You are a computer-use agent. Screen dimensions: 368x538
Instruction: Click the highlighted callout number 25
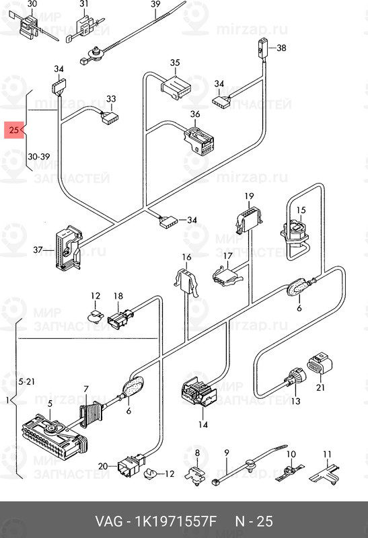(13, 130)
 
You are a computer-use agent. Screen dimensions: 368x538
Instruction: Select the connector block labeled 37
(69, 247)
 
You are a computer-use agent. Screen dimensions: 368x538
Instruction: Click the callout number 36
(195, 114)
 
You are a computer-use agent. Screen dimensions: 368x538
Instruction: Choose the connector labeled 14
(198, 392)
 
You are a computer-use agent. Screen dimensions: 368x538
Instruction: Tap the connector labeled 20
(130, 465)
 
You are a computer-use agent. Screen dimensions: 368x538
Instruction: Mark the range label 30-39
(39, 157)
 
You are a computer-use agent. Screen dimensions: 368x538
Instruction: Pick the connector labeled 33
(110, 116)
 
